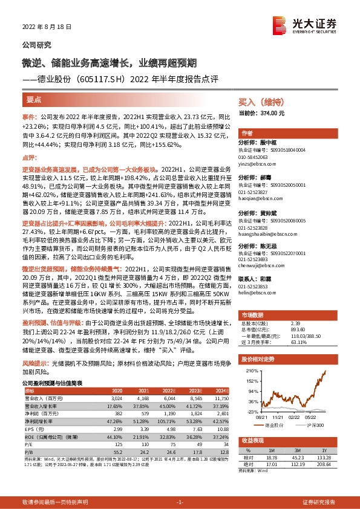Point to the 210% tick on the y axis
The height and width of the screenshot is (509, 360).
[x=248, y=368]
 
